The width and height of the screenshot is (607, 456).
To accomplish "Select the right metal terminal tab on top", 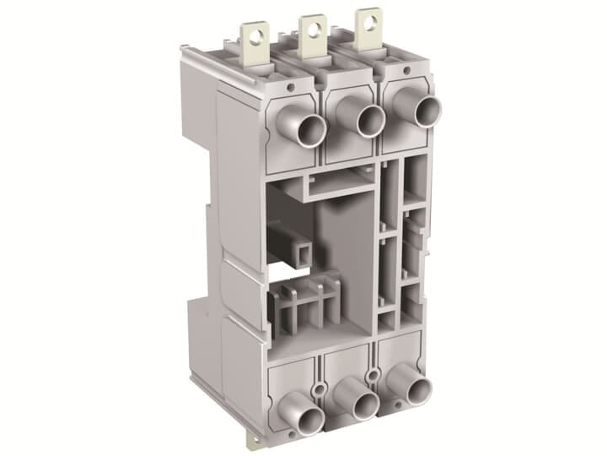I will (x=368, y=26).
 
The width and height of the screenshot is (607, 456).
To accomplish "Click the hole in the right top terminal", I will (x=368, y=18).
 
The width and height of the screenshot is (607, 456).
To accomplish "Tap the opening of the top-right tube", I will (x=427, y=111).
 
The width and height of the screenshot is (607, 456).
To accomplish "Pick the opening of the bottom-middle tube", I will (x=365, y=407).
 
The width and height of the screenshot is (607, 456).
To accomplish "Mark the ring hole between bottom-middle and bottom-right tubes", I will (x=373, y=372).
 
